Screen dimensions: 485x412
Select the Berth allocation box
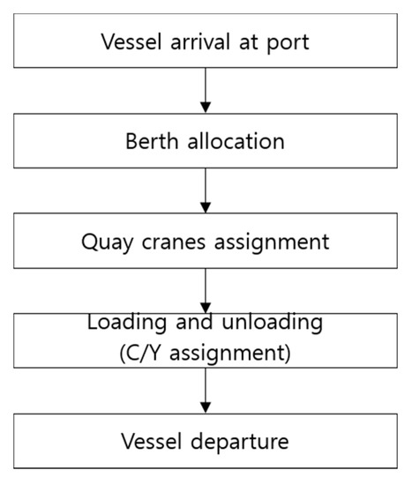[x=205, y=140]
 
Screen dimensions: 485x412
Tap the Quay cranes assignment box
[x=205, y=241]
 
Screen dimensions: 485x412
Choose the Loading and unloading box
[x=205, y=339]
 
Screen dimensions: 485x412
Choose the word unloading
[x=269, y=324]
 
